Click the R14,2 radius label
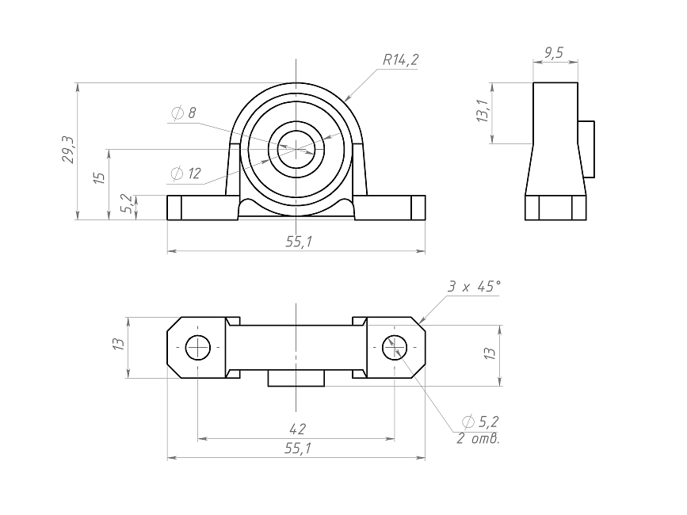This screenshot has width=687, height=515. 400,59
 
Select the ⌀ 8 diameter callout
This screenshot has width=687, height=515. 183,113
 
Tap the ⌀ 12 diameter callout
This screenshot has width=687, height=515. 185,173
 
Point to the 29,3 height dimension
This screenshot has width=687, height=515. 68,150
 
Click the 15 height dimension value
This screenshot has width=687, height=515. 100,177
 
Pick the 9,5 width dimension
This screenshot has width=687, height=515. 554,53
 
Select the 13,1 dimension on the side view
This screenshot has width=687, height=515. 483,110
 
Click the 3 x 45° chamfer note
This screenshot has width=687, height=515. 474,286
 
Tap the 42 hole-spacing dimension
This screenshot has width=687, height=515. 297,429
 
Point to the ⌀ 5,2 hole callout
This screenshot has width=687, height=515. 480,422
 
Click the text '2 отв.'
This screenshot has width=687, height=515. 478,438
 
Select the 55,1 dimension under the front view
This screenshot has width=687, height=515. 299,242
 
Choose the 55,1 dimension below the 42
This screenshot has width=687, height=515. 298,448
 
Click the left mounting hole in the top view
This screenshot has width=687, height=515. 198,347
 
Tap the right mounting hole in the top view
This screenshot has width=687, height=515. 395,347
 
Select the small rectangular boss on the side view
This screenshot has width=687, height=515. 586,149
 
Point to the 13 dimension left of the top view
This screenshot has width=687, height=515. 119,343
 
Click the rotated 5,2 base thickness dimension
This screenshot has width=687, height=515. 127,204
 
